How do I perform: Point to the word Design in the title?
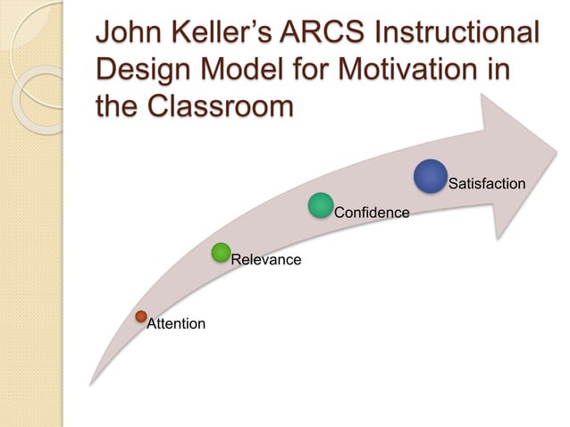click(x=140, y=71)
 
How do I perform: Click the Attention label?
click(x=176, y=323)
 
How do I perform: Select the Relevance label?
click(x=265, y=260)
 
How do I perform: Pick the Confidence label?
click(x=371, y=213)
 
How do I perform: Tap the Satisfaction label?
click(x=486, y=184)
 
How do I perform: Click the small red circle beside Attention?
click(x=140, y=315)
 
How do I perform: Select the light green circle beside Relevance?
click(x=222, y=253)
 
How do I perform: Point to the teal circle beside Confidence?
click(x=321, y=205)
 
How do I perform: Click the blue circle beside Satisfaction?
click(x=431, y=176)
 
